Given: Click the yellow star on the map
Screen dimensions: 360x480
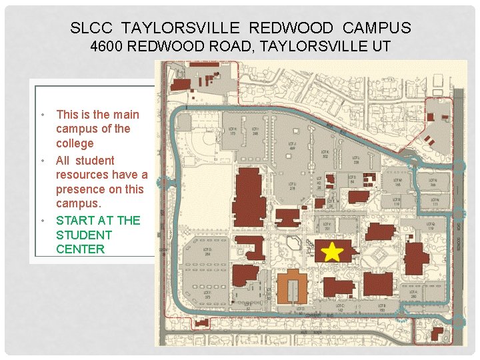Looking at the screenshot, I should point(331,251).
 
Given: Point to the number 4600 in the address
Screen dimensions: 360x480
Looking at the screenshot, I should point(106,46).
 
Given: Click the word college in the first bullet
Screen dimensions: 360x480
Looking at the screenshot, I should point(75,143).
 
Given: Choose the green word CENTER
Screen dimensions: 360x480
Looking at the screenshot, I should point(80,249).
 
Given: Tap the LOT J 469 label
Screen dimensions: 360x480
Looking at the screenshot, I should point(291,145).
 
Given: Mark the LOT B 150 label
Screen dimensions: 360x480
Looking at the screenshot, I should point(382,308).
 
